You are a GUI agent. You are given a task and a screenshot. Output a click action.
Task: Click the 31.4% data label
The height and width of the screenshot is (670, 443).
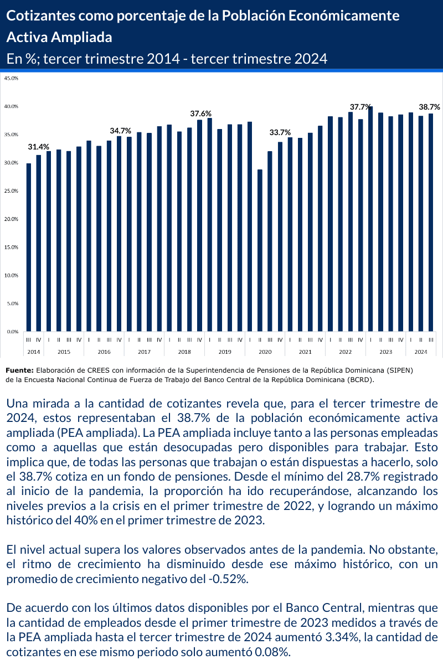coord(39,147)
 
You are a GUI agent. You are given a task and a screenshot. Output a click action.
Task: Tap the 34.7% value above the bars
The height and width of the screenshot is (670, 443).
coord(120,131)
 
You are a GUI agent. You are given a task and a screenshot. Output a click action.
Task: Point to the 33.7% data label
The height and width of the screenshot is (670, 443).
coord(280,132)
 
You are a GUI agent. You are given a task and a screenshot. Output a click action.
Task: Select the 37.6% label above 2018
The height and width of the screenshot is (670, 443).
coord(200,114)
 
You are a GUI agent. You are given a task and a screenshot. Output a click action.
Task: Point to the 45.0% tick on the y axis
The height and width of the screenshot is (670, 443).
coord(11,78)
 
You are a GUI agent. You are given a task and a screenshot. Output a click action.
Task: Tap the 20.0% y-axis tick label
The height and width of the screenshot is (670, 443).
coord(11,219)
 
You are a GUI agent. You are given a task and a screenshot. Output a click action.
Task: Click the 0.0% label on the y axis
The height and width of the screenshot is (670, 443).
coord(12,332)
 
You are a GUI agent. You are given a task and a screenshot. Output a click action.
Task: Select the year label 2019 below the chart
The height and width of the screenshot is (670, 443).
coord(225,352)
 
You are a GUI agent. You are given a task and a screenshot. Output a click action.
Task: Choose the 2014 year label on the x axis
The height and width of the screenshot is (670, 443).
coord(34,352)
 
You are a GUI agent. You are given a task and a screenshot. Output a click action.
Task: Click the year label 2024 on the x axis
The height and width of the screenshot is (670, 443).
coord(421,352)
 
